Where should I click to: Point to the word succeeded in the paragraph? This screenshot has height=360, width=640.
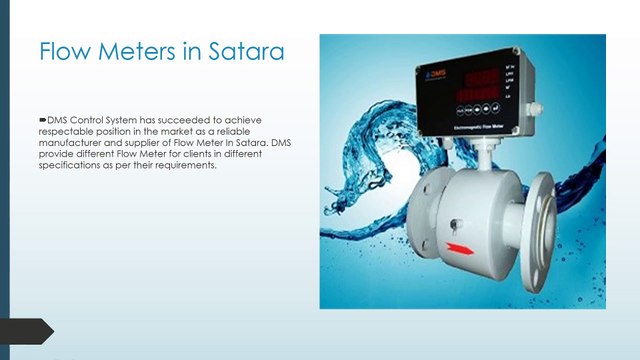177,119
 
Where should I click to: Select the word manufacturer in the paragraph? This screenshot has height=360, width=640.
75,143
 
